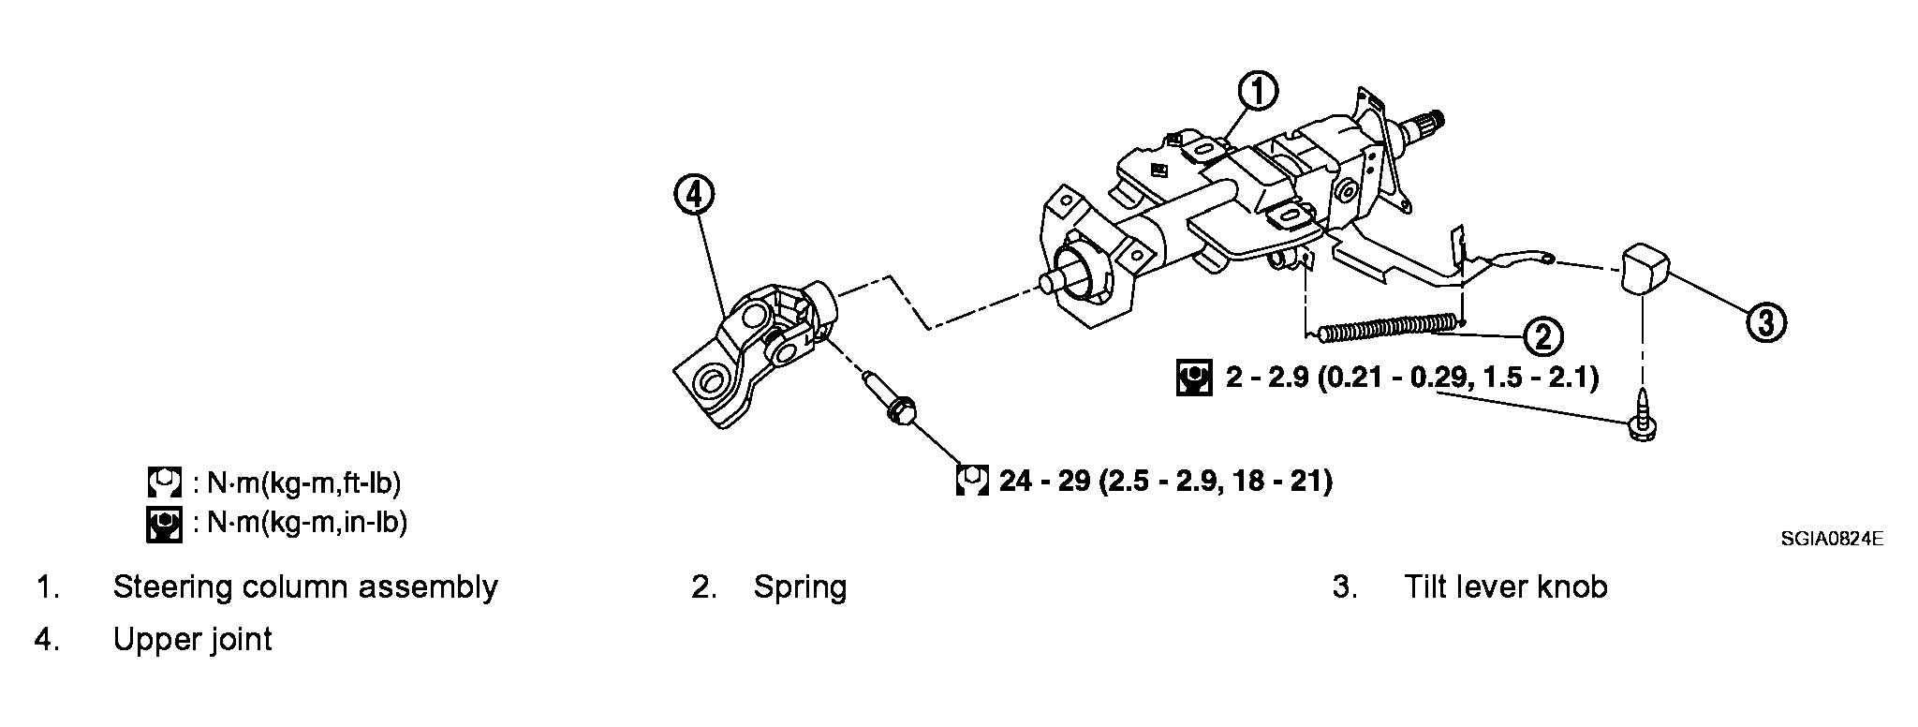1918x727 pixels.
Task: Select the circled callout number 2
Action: coord(1542,334)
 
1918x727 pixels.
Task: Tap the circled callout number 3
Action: coord(1765,322)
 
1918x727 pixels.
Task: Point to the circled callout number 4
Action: coord(693,196)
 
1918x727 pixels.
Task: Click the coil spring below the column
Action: coord(1388,327)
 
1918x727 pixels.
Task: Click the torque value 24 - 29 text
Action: coord(1165,481)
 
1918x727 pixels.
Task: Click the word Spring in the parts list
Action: coord(800,587)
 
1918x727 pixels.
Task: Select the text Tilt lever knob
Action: coord(1505,586)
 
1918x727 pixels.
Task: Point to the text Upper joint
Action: coord(192,640)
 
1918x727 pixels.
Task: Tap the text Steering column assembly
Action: coord(305,587)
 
